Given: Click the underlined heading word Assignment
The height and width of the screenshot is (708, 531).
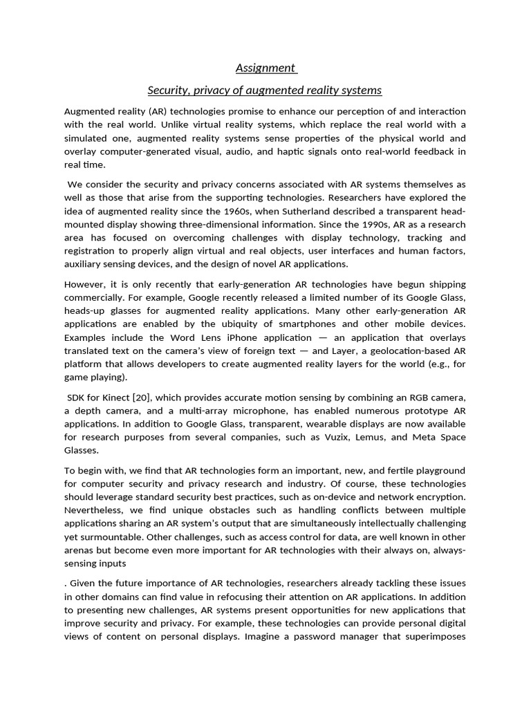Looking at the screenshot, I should (265, 68).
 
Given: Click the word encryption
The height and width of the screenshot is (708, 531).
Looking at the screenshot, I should (440, 497).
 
